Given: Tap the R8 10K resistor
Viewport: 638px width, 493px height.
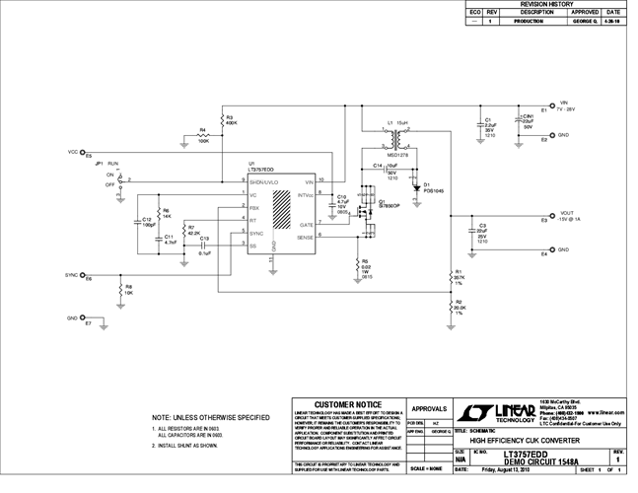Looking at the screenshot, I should (x=118, y=291).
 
